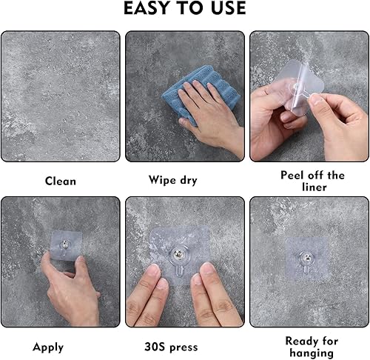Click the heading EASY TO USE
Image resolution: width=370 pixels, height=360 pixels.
point(184,10)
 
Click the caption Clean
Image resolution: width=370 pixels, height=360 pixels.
point(60,180)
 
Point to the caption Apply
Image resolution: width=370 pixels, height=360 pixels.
point(48,347)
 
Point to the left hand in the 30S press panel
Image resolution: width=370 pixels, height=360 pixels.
point(152,300)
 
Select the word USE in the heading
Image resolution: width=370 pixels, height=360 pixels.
point(226,10)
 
